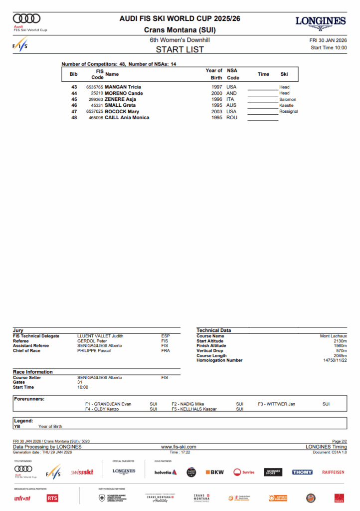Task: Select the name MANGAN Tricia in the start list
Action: click(x=123, y=87)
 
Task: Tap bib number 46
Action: click(x=74, y=105)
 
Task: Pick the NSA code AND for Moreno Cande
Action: click(x=231, y=93)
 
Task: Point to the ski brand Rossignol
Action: click(x=288, y=112)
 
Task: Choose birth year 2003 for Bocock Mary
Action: click(x=216, y=112)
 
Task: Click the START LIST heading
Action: click(x=180, y=49)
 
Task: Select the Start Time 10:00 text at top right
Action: click(x=329, y=48)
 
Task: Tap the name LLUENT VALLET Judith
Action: click(x=100, y=336)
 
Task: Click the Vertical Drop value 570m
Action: click(x=341, y=351)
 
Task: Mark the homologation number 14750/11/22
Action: click(x=335, y=360)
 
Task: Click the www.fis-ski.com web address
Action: click(x=179, y=447)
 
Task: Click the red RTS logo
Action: click(x=52, y=498)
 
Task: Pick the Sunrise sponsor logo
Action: click(x=245, y=472)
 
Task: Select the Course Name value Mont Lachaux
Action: click(x=334, y=336)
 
